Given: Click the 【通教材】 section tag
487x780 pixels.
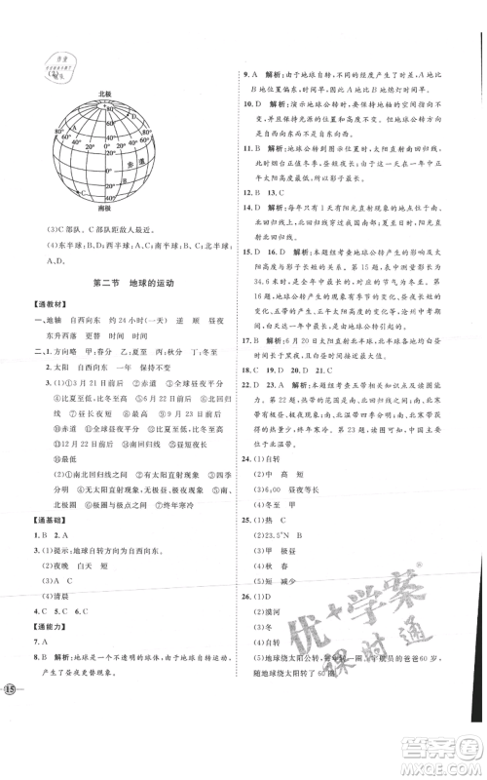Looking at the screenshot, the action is [47, 306].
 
